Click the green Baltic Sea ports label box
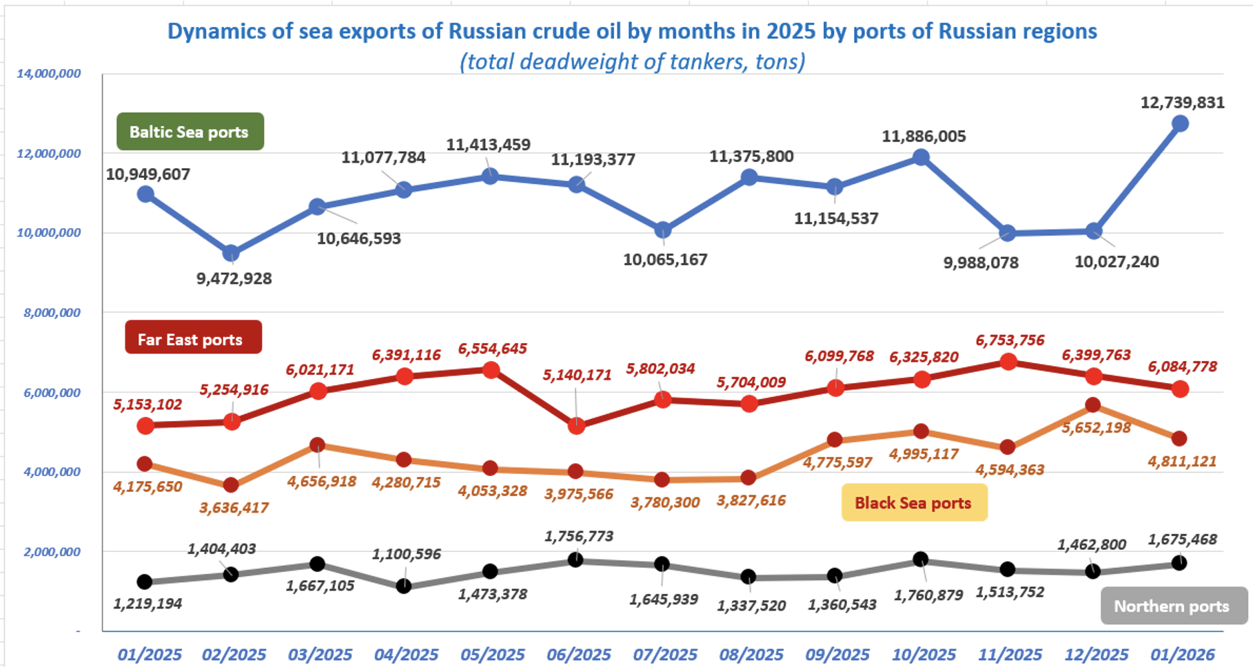click(x=190, y=132)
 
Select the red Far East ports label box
click(x=193, y=338)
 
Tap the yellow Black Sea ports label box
click(x=913, y=503)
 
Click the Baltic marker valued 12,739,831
click(x=1180, y=124)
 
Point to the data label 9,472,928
click(x=234, y=279)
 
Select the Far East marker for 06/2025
click(x=577, y=426)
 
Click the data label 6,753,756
click(x=1010, y=340)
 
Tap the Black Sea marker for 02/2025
click(x=232, y=485)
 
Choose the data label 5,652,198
click(x=1097, y=428)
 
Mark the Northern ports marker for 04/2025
click(x=405, y=586)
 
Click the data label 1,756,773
click(x=579, y=536)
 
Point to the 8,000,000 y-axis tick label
click(x=52, y=313)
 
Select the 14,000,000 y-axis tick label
click(x=49, y=74)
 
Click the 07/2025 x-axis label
click(x=665, y=654)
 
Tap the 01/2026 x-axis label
click(x=1182, y=654)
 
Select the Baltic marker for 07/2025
click(x=663, y=230)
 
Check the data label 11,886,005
click(x=924, y=136)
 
